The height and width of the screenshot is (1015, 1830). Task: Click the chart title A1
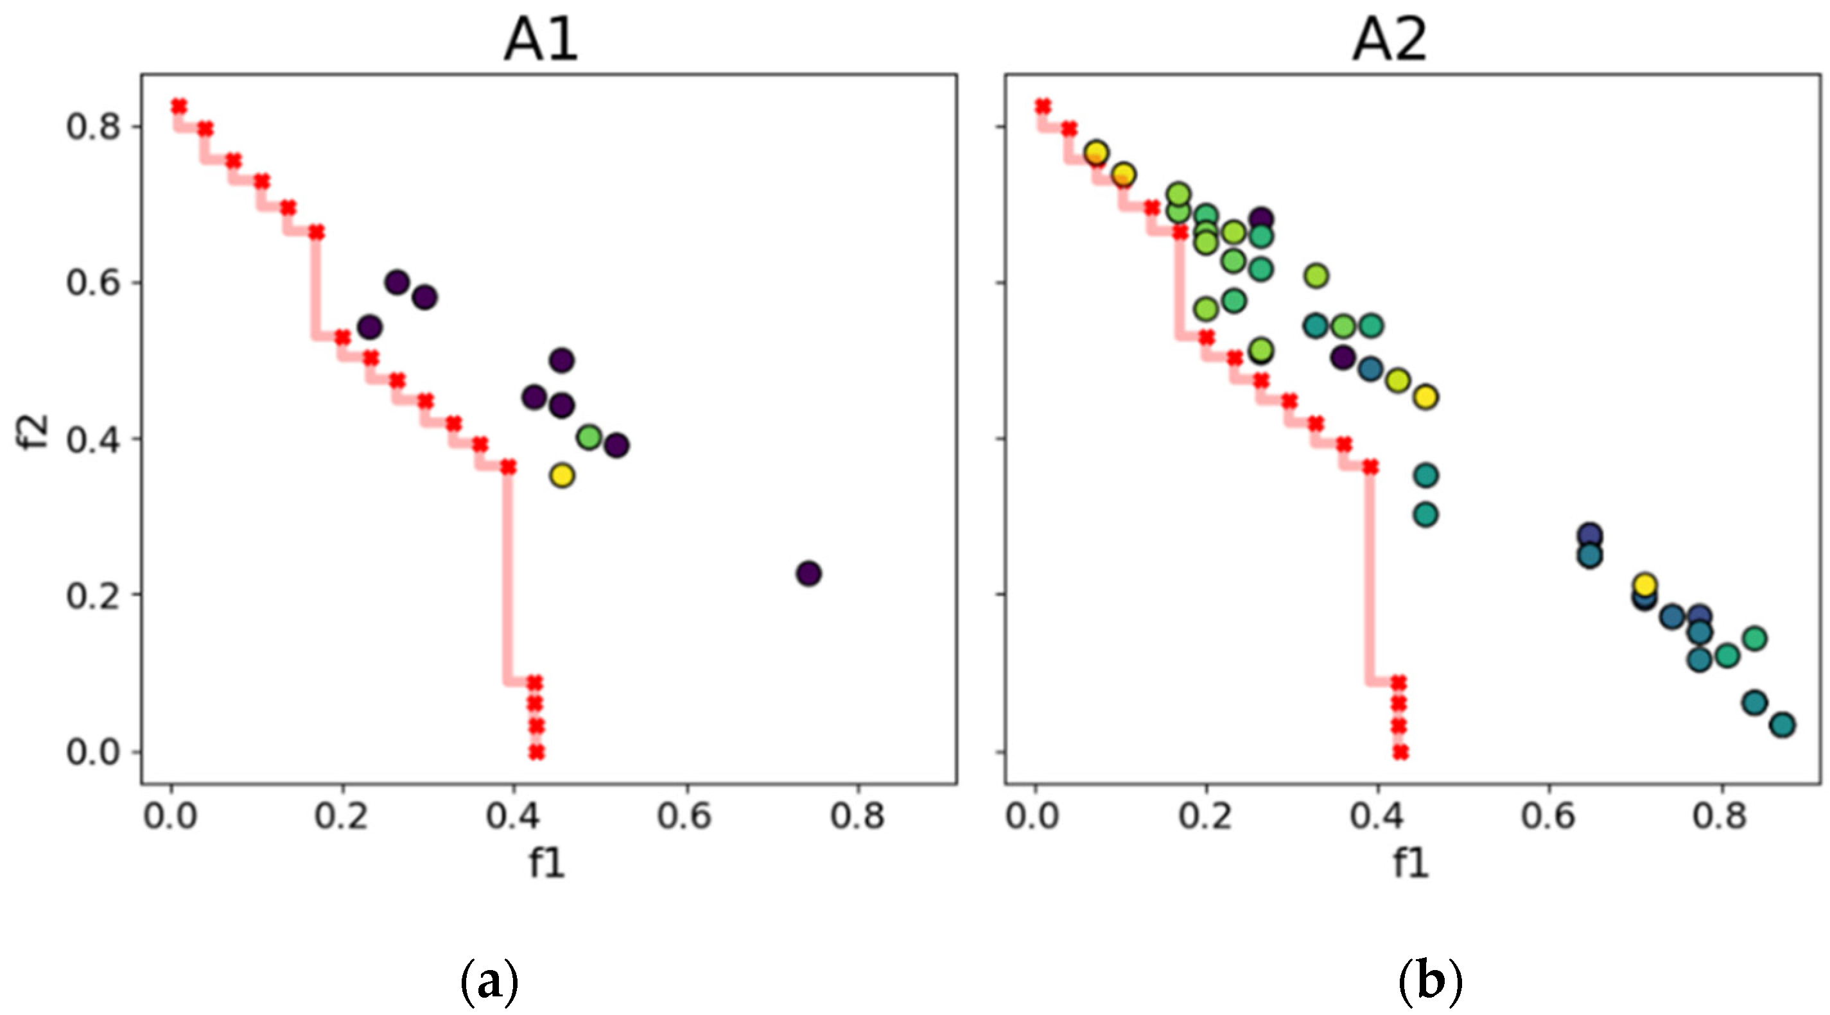point(541,41)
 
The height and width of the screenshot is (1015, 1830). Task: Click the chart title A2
point(1390,41)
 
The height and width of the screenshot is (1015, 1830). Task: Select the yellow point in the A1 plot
point(562,475)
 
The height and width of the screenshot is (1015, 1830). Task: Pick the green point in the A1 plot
point(589,437)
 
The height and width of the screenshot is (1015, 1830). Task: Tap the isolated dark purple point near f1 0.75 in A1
point(808,573)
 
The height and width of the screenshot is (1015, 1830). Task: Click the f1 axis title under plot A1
point(547,862)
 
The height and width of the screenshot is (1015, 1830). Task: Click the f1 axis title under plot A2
point(1410,862)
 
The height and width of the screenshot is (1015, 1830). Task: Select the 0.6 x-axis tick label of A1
point(686,816)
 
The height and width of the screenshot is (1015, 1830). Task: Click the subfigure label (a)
point(489,983)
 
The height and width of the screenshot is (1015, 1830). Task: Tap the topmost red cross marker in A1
point(179,107)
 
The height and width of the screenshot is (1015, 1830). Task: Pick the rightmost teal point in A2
point(1782,725)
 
